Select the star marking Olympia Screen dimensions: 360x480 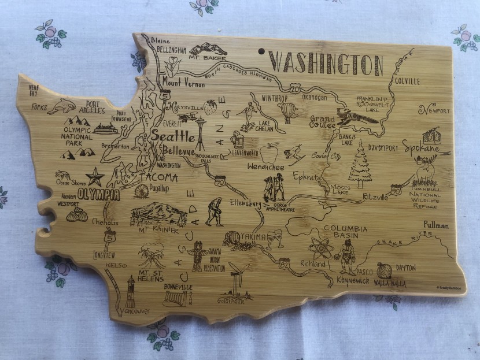[x=94, y=176]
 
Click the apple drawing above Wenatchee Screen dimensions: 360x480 [x=269, y=153]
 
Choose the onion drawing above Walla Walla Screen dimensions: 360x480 [x=384, y=270]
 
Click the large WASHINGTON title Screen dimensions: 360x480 [x=326, y=63]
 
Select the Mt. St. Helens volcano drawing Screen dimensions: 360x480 [x=151, y=253]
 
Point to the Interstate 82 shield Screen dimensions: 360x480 [x=284, y=264]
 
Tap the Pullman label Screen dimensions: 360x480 [x=436, y=225]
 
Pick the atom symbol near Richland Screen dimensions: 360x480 [x=320, y=248]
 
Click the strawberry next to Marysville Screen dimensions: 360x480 [x=211, y=107]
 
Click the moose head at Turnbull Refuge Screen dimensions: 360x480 [x=426, y=168]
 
